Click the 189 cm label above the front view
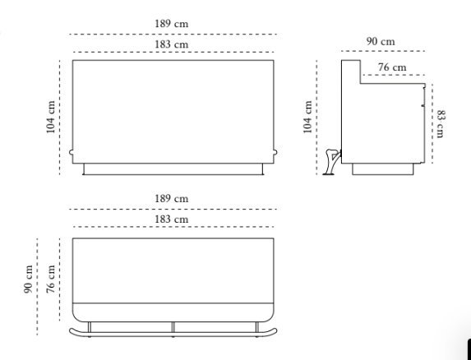tap(172, 24)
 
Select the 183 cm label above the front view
tap(172, 44)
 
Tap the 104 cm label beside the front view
tap(50, 117)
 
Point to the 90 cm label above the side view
tap(381, 41)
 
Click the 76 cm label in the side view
tap(392, 67)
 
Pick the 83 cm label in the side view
tap(441, 124)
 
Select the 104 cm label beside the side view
tap(307, 117)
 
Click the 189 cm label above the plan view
tap(172, 199)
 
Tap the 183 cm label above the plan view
tap(172, 219)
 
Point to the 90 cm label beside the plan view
tap(28, 279)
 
